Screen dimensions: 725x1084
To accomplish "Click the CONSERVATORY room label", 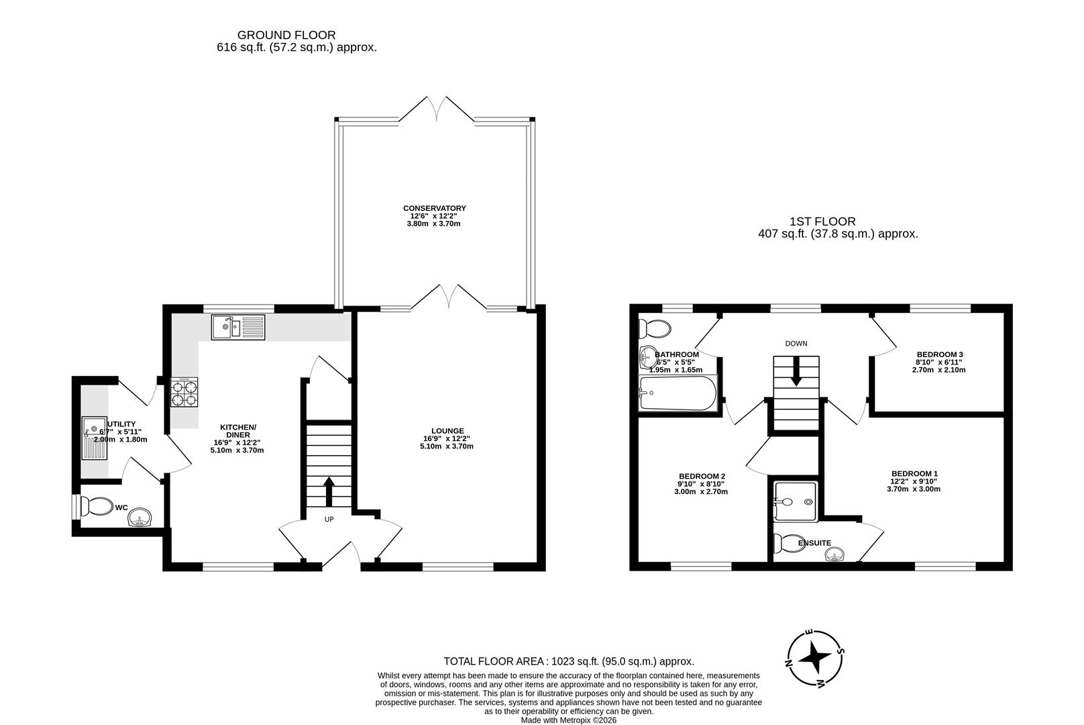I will (434, 208).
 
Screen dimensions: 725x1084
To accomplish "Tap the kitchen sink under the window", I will (239, 328).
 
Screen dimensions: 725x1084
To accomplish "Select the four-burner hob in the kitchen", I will (184, 392).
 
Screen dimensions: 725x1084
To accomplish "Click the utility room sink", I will (95, 437).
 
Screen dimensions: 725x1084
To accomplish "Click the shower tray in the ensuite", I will (795, 501).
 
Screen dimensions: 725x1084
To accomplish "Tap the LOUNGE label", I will (447, 431).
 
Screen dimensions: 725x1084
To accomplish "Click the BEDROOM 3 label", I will (940, 354).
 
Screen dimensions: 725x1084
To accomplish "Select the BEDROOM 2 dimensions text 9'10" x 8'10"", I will (701, 483).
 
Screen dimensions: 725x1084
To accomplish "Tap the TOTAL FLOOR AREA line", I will (568, 661).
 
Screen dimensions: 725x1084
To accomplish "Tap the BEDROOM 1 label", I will (914, 473).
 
